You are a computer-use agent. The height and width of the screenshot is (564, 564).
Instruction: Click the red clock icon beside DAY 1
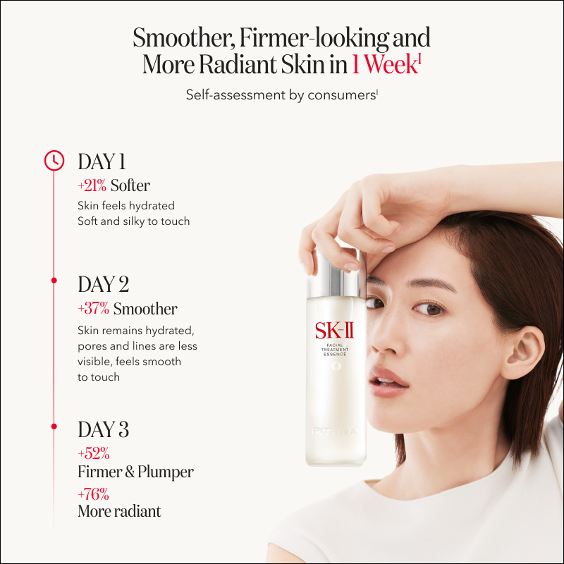click(x=54, y=161)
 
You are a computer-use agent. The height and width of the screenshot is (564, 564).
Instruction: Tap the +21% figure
click(x=92, y=185)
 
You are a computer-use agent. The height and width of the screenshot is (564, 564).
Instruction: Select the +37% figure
click(x=94, y=309)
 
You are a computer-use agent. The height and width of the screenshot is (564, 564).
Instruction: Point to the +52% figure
click(x=94, y=453)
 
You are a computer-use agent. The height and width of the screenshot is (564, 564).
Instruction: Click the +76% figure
click(x=94, y=494)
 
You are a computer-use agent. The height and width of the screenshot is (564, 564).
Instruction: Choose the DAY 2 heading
click(x=104, y=284)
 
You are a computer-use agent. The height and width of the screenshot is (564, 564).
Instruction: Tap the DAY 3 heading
click(x=104, y=429)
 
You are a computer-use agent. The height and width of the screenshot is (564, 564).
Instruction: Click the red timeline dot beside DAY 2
click(x=54, y=280)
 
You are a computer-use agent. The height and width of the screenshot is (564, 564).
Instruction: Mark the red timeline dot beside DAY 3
click(x=54, y=427)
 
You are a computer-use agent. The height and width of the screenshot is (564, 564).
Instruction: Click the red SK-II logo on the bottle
click(x=334, y=331)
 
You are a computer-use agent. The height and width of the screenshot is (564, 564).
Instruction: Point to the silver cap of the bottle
click(x=336, y=274)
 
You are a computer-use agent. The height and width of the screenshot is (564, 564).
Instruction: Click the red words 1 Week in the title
click(x=386, y=65)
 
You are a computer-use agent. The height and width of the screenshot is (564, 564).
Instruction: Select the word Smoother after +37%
click(x=145, y=309)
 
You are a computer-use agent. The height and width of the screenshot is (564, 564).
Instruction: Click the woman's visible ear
click(x=525, y=351)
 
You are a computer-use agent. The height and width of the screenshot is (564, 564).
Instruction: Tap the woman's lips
click(x=389, y=383)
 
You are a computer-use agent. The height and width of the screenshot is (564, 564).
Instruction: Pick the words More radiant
click(x=119, y=511)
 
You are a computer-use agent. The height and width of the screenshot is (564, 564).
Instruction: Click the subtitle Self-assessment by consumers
click(x=281, y=95)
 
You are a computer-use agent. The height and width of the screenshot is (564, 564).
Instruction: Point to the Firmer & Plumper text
click(x=135, y=472)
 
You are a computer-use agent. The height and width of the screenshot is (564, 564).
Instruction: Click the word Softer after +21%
click(x=130, y=185)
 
